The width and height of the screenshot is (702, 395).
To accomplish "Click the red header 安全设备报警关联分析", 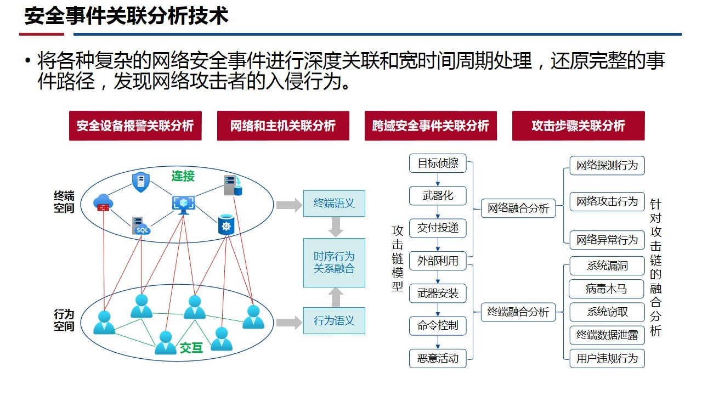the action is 135,126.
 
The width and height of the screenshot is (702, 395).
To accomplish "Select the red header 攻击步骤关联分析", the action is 579,126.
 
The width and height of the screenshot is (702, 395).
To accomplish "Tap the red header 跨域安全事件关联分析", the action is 431,126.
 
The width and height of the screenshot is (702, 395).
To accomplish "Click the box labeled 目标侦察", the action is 438,163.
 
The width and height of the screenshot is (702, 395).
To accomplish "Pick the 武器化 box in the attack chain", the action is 438,196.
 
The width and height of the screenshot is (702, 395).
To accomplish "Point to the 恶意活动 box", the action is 438,358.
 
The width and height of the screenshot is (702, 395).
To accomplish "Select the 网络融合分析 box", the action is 518,208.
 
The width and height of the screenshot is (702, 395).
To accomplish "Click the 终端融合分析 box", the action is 518,312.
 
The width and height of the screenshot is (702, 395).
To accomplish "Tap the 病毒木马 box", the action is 607,289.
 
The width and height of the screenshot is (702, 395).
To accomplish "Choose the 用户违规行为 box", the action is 607,358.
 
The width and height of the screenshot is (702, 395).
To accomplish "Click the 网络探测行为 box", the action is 607,166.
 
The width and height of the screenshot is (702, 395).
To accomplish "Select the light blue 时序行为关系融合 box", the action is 334,263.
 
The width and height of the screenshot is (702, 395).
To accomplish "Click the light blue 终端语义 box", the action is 334,204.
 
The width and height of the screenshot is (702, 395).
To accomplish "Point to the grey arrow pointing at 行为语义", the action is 289,323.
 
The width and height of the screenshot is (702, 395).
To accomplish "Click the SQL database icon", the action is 141,225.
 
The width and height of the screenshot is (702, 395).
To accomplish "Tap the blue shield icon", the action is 141,182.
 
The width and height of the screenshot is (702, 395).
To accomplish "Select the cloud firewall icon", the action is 103,202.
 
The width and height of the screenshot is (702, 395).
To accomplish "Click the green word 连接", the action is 183,176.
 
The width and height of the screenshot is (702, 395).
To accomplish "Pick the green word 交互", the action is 191,348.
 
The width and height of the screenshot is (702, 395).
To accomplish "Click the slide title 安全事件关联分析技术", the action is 126,16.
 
